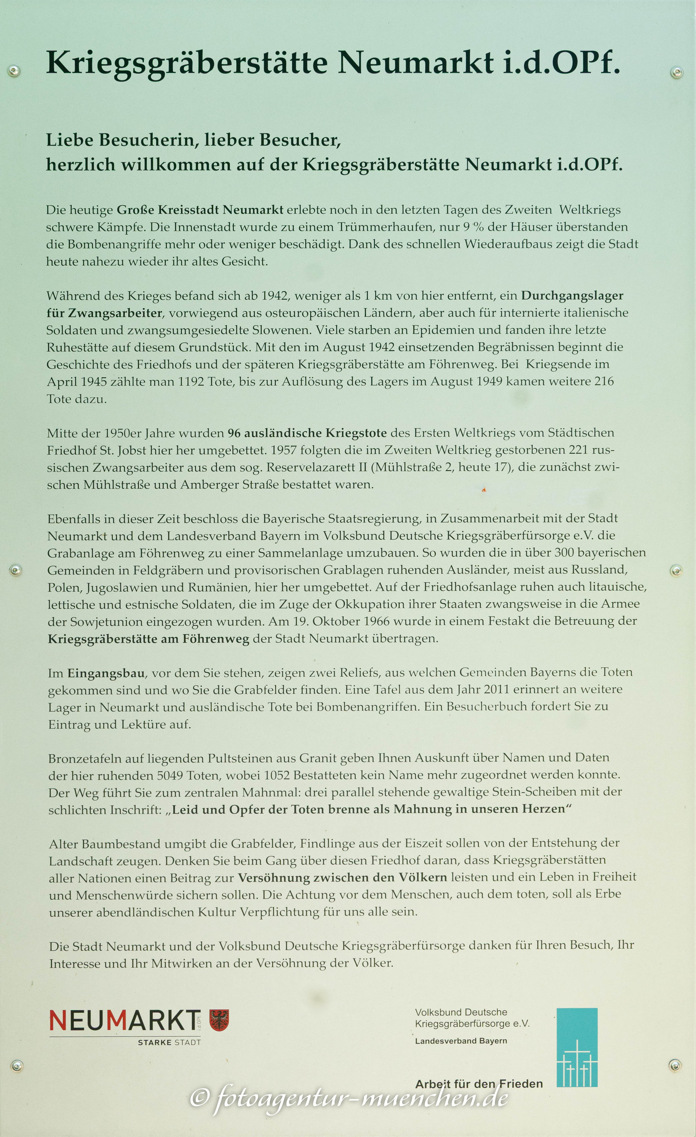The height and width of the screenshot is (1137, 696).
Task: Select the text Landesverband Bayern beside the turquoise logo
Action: (x=461, y=1041)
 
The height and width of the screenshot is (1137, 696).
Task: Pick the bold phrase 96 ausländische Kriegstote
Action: (x=307, y=433)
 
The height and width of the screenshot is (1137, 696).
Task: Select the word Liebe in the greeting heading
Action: (x=70, y=140)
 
